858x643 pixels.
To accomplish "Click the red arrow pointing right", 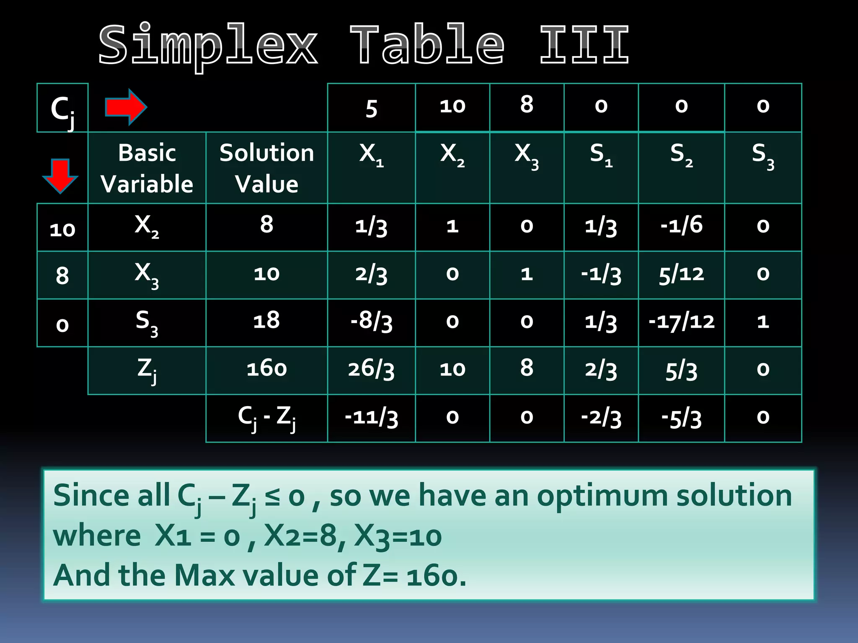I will coord(125,107).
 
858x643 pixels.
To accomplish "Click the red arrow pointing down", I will coord(60,175).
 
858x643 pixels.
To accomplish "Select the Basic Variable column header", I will coord(147,168).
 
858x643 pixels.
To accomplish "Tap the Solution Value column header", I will coord(266,168).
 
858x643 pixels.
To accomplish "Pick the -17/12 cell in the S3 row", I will coord(681,321).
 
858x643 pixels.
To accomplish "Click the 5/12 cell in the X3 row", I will coord(681,274).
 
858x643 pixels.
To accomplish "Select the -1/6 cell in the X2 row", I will coord(681,226).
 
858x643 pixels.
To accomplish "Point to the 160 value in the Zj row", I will coord(266,369).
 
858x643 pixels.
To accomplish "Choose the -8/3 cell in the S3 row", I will coord(371,322).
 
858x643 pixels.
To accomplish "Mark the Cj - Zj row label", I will coord(266,417).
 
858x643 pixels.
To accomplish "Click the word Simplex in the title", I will coord(208,45).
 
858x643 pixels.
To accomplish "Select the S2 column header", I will coord(681,154).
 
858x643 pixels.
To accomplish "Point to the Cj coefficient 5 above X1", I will coord(371,108).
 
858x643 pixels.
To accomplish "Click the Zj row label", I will coord(147,370).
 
